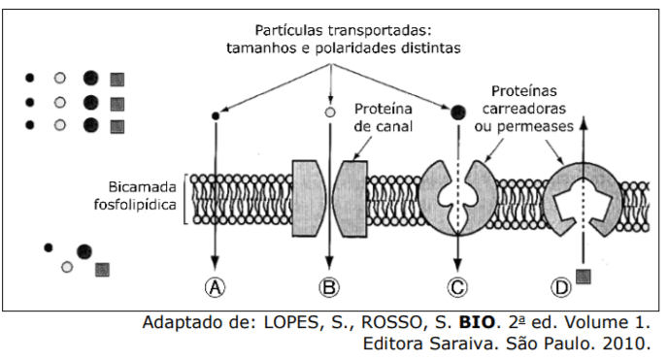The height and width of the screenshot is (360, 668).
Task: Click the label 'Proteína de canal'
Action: pyautogui.click(x=383, y=117)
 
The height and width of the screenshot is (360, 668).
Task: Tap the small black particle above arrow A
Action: pyautogui.click(x=215, y=115)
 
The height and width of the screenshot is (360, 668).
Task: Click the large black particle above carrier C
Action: pyautogui.click(x=456, y=113)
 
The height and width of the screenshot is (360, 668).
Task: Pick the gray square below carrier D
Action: pyautogui.click(x=583, y=277)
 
